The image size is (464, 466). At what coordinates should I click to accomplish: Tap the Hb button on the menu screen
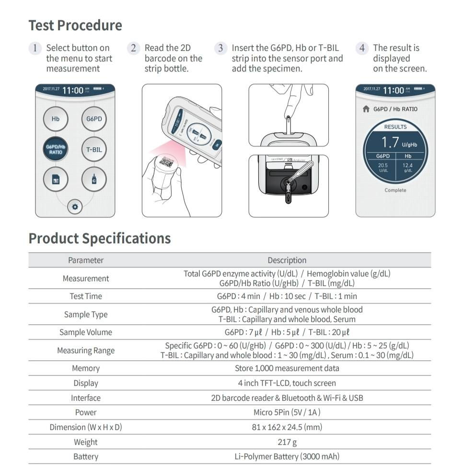(56, 119)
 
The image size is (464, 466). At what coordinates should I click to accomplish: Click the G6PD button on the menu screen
(94, 119)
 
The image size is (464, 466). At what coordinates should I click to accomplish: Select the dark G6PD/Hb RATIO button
(56, 149)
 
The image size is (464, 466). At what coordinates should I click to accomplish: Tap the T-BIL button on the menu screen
(94, 149)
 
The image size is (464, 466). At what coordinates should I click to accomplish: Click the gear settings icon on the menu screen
(75, 207)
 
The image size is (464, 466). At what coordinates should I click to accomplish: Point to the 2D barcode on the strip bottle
(166, 163)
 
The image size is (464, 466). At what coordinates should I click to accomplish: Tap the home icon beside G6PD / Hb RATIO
(366, 109)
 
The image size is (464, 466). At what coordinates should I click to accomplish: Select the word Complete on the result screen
(395, 190)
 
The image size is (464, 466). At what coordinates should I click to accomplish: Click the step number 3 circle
(220, 48)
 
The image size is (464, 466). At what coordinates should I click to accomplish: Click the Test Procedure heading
(75, 25)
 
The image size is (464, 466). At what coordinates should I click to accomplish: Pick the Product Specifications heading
(100, 239)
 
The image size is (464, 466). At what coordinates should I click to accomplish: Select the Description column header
(287, 260)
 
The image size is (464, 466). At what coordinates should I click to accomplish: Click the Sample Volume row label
(86, 332)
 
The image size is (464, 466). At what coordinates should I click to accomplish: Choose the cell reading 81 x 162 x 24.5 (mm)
(287, 427)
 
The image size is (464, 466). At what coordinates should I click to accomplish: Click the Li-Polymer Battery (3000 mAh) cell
(287, 456)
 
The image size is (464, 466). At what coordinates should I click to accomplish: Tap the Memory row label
(86, 368)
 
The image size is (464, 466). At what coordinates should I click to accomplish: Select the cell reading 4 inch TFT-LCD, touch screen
(287, 383)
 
